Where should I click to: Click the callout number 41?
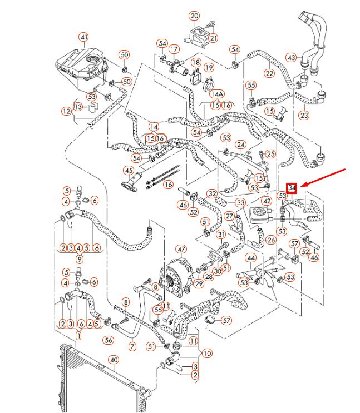(x=83, y=38)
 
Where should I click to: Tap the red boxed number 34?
(x=292, y=187)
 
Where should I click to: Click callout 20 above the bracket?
(x=194, y=16)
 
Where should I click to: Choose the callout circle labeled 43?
(x=292, y=57)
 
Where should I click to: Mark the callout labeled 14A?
(x=216, y=94)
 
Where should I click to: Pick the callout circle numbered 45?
(x=129, y=171)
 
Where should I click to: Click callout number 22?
(x=269, y=73)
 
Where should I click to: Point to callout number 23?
(x=304, y=115)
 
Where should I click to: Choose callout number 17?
(x=174, y=49)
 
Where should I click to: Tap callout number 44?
(x=251, y=258)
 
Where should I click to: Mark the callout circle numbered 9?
(x=80, y=258)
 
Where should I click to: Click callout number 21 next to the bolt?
(x=214, y=38)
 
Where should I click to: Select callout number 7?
(x=132, y=346)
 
